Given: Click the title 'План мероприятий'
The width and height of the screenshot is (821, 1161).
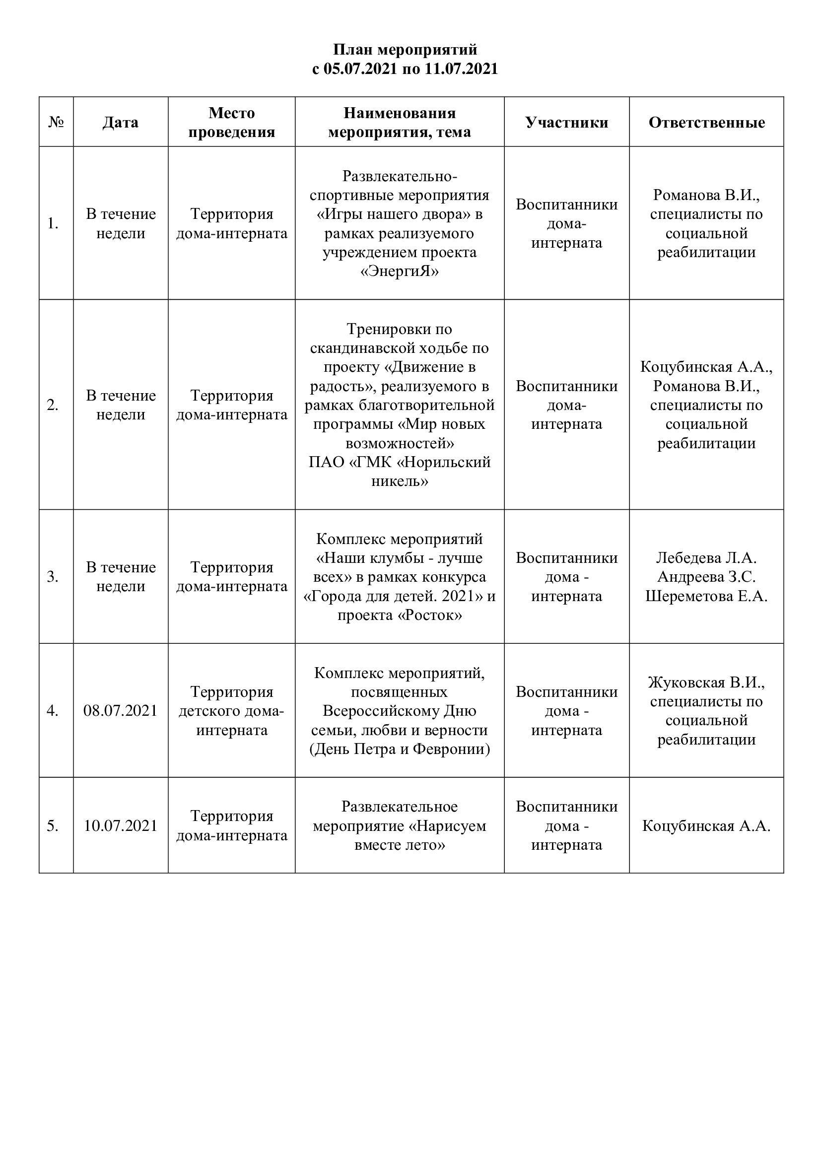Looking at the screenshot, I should [x=405, y=50].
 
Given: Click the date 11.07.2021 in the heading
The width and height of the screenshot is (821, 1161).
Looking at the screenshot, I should [x=461, y=69].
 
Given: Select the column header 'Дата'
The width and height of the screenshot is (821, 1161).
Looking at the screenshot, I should [x=120, y=123].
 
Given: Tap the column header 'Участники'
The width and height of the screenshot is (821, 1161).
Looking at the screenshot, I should [x=566, y=123].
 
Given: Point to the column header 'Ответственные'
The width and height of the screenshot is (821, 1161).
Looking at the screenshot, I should [x=706, y=123].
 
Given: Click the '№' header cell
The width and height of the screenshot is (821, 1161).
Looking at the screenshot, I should [x=56, y=123].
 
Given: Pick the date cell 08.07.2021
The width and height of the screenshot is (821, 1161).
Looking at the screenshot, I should [x=120, y=711].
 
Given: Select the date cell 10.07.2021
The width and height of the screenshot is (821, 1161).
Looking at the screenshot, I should [x=120, y=826].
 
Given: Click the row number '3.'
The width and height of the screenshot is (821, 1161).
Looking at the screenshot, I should [x=53, y=577].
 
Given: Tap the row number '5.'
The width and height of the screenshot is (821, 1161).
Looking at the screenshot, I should [x=53, y=826].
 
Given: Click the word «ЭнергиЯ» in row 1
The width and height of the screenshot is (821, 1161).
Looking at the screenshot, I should [x=400, y=272].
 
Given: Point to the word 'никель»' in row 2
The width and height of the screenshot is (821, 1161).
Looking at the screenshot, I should [x=400, y=481].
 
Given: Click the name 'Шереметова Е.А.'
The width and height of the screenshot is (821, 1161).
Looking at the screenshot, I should [x=706, y=596].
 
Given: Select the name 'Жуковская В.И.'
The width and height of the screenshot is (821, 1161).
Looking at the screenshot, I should [x=706, y=683].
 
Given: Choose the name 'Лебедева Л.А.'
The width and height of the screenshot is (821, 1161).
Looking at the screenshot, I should [x=706, y=558].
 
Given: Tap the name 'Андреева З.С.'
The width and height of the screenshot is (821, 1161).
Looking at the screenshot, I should [x=706, y=577].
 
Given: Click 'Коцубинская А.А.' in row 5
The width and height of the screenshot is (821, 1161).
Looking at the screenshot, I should [x=706, y=826].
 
